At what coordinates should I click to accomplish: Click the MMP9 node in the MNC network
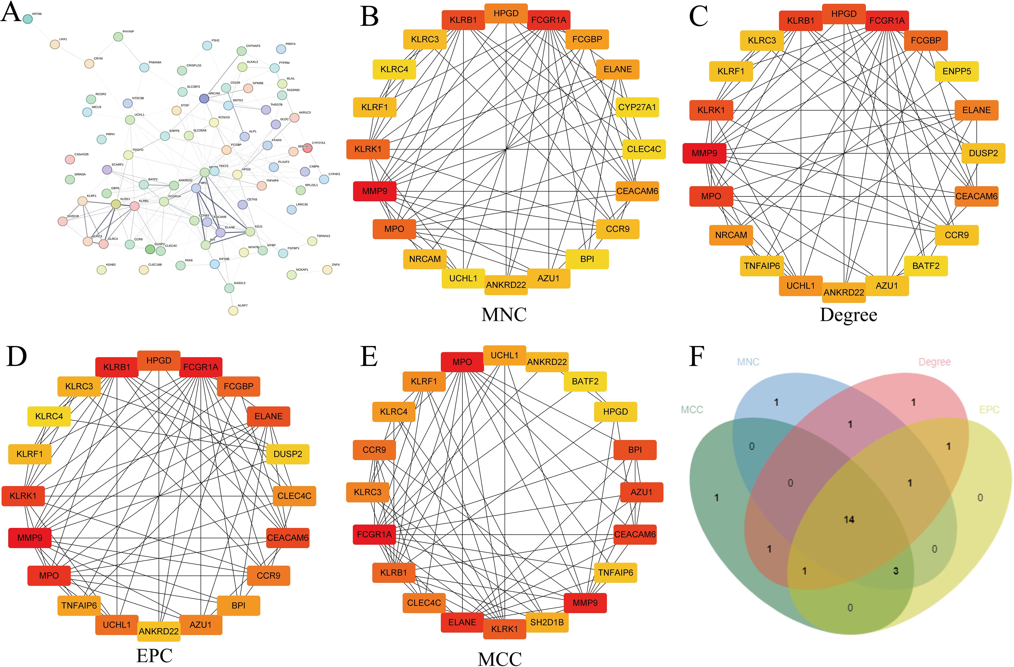point(374,191)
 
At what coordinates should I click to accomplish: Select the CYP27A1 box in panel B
point(637,107)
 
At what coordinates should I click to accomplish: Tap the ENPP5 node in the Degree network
point(957,71)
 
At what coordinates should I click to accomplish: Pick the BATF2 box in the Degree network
point(926,266)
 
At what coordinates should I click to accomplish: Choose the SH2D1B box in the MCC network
point(547,622)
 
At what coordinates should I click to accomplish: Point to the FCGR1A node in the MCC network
point(374,534)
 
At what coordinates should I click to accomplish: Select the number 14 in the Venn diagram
point(849,519)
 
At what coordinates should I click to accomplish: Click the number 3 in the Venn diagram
point(895,571)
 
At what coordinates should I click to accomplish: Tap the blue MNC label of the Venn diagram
point(748,362)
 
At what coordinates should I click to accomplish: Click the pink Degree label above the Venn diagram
point(934,362)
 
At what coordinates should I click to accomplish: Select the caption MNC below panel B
point(504,315)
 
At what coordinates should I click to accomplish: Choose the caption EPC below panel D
point(154,655)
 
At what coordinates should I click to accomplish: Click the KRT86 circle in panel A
point(28,19)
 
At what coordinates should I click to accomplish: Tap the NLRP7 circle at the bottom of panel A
point(233,310)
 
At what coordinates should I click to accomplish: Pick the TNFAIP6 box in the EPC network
point(79,605)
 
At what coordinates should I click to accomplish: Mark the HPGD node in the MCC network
point(615,412)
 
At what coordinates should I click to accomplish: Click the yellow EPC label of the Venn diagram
point(989,409)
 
